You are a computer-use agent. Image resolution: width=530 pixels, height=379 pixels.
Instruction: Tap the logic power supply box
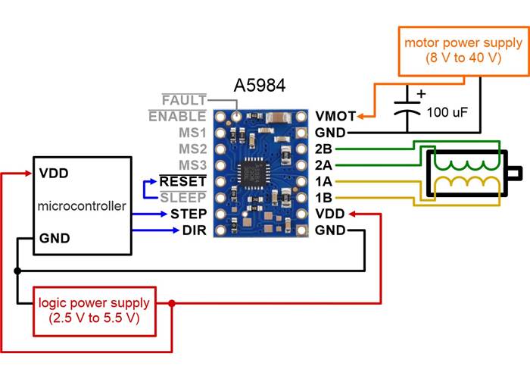(x=94, y=311)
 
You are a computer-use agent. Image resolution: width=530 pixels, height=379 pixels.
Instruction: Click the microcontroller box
(x=81, y=205)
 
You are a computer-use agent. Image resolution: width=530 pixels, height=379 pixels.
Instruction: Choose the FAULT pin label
(x=183, y=100)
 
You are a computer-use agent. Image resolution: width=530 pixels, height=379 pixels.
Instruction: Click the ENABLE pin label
(x=177, y=116)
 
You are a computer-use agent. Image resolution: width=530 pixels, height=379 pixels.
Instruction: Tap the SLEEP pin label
(x=185, y=198)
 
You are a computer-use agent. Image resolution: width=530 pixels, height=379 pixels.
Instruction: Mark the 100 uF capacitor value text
(x=447, y=112)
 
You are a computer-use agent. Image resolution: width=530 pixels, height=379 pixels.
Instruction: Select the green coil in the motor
(x=468, y=164)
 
